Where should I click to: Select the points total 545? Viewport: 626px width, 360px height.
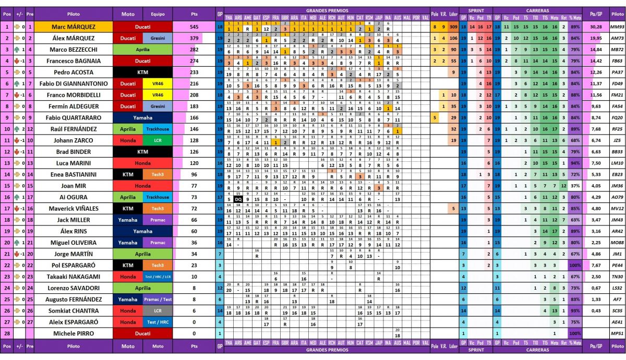[194, 27]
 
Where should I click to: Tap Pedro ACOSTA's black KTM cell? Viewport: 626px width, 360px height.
[142, 73]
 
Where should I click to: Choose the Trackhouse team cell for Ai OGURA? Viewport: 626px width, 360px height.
[158, 197]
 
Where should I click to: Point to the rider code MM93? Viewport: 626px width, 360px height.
[617, 27]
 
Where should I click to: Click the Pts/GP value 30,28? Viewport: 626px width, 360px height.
[596, 27]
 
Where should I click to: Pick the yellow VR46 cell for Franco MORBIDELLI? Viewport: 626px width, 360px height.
[158, 95]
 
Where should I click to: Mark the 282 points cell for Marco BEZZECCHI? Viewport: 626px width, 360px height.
[194, 50]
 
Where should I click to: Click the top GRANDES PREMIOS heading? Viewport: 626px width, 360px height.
[327, 10]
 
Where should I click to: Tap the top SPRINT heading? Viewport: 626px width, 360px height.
[476, 10]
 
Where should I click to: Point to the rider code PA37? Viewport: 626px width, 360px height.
[617, 73]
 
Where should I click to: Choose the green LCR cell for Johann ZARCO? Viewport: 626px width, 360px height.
[158, 140]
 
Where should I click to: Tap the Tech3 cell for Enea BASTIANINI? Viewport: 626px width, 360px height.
[158, 174]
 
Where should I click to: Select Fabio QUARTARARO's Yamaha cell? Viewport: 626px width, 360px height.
[142, 118]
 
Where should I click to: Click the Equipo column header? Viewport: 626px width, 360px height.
[158, 15]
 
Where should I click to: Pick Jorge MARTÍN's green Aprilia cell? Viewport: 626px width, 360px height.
[142, 254]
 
